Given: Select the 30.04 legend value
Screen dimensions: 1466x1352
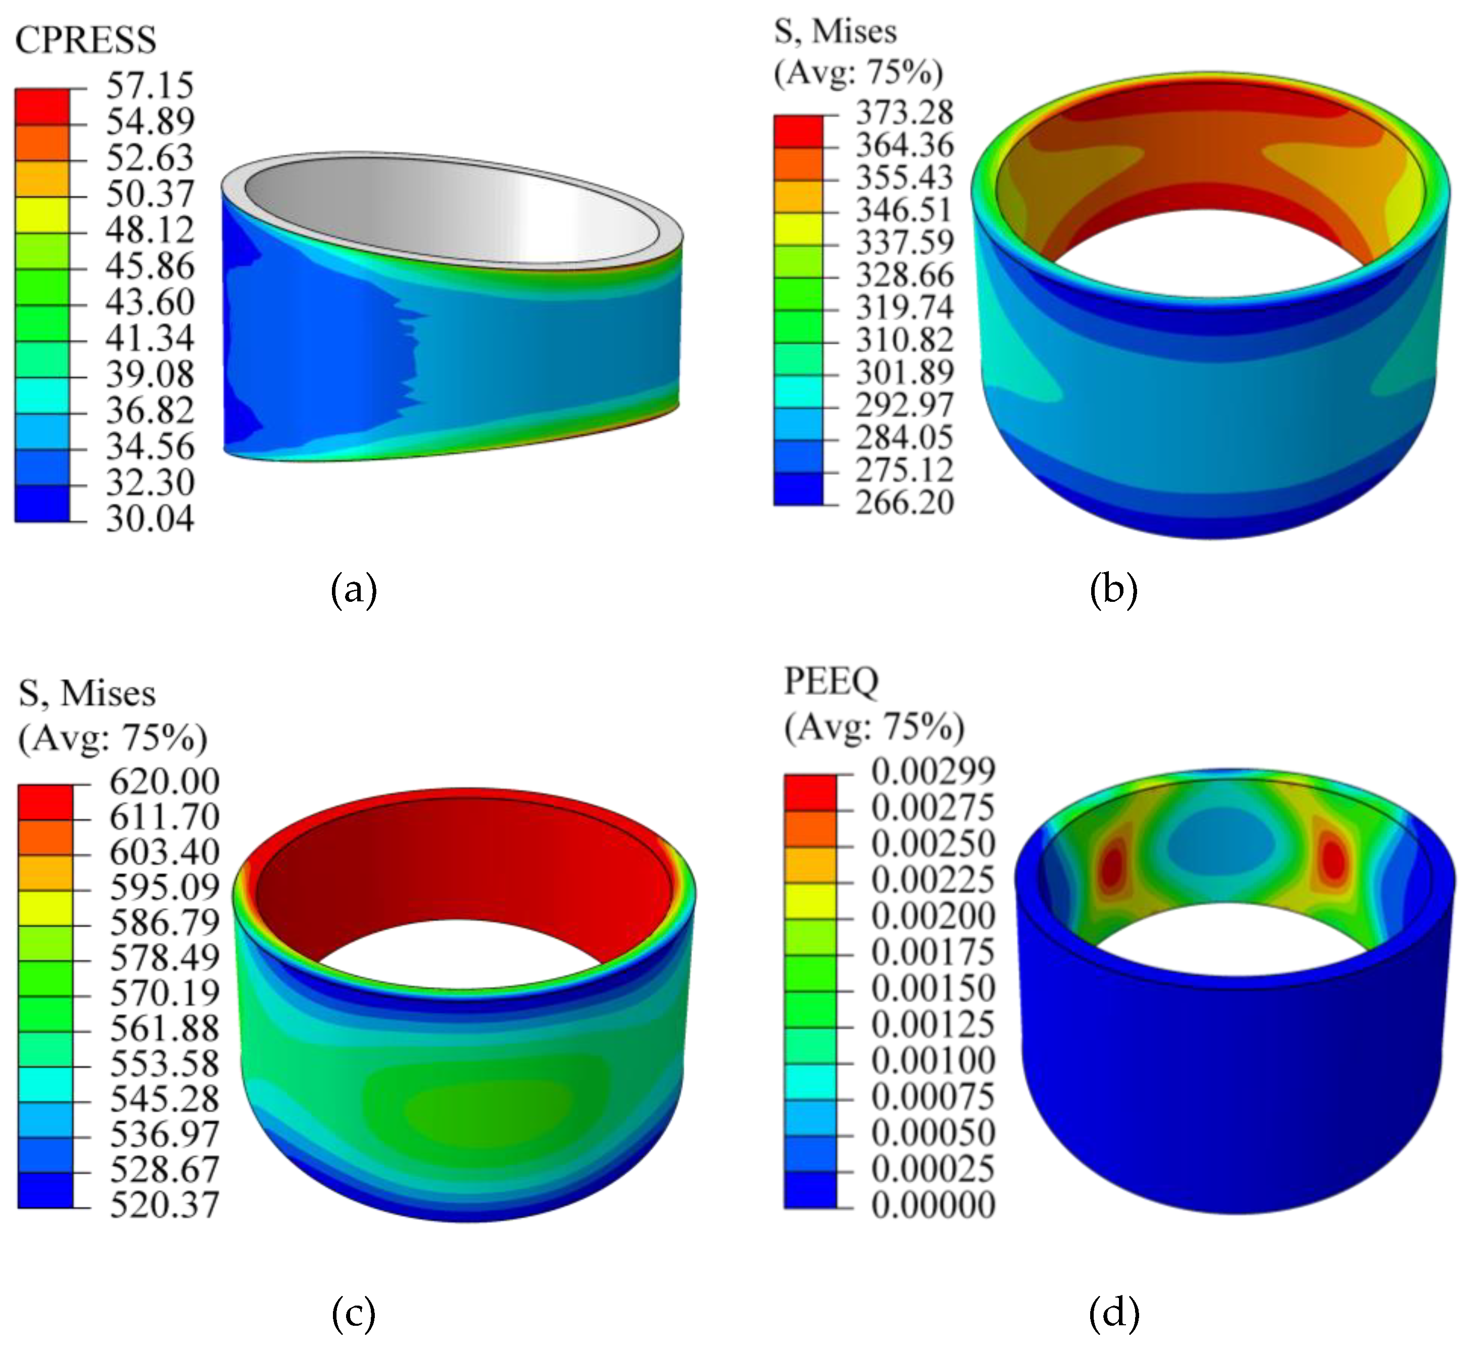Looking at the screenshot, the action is click(x=150, y=519).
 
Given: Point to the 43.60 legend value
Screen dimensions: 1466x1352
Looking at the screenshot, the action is click(x=150, y=301).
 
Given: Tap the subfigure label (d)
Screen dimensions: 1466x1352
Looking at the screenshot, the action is click(x=1113, y=1313).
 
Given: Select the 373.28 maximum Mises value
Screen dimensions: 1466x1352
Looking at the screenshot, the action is click(x=905, y=112).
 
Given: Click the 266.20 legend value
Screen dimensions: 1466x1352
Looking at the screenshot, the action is click(x=905, y=502).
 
